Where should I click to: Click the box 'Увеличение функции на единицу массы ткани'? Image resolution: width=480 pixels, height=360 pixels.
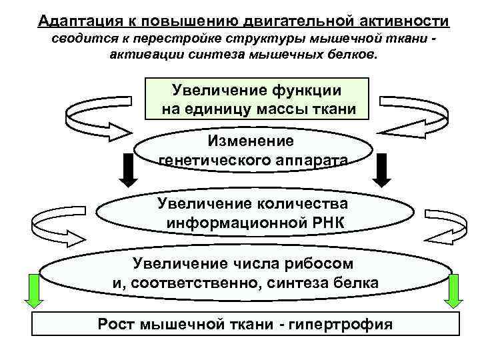tap(257, 98)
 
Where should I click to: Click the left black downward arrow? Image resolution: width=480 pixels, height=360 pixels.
tap(131, 171)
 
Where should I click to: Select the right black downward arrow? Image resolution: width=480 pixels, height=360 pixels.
tap(381, 171)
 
